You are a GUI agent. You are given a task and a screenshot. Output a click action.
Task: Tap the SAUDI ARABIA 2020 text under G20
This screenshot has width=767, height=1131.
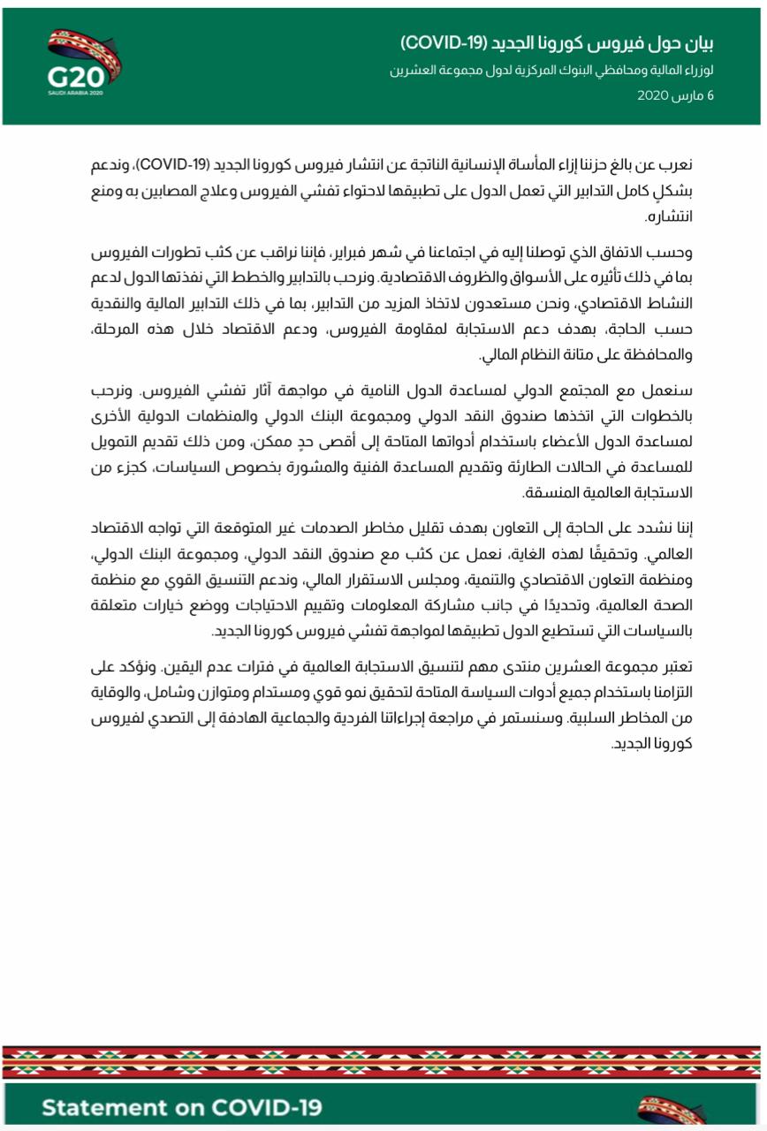pyautogui.click(x=76, y=91)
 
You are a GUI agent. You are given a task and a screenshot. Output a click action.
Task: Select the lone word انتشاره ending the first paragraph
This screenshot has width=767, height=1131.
pyautogui.click(x=669, y=216)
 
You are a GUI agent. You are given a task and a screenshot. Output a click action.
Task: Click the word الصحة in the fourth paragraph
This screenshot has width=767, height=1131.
pyautogui.click(x=674, y=606)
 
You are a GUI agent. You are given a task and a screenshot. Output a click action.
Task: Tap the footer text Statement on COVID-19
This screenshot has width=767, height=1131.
pyautogui.click(x=181, y=1108)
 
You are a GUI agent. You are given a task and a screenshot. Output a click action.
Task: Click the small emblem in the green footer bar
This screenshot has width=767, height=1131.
pyautogui.click(x=672, y=1110)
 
